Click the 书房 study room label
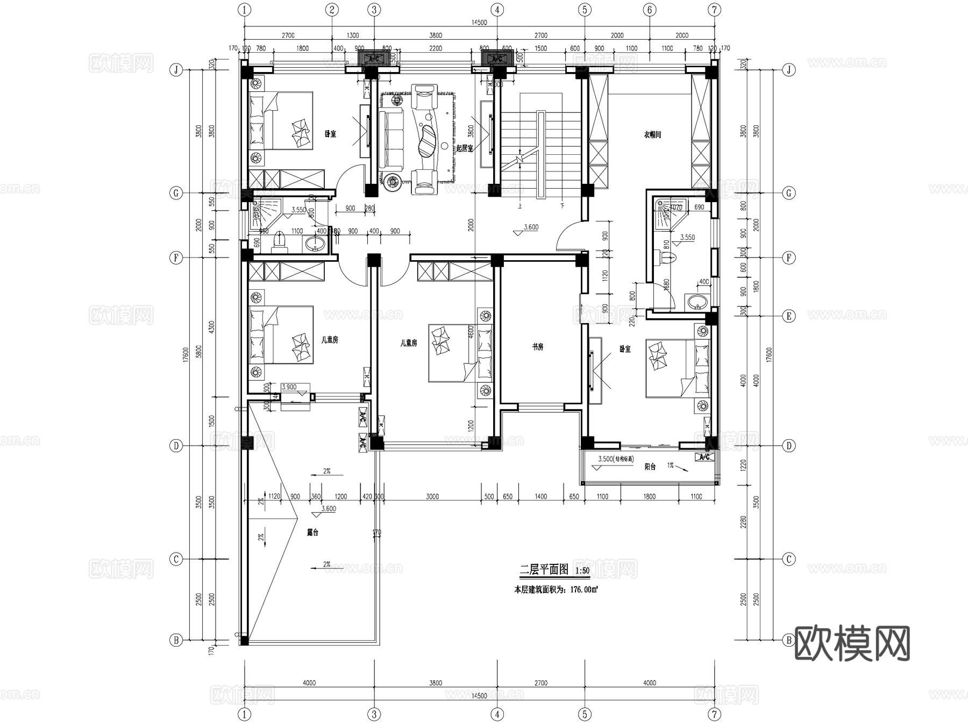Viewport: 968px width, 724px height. (x=537, y=347)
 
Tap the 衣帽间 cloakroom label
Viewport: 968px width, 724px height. (x=652, y=135)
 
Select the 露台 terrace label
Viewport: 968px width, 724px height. (x=312, y=533)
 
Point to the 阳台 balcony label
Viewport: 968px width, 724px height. (x=650, y=467)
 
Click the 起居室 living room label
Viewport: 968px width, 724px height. (x=465, y=148)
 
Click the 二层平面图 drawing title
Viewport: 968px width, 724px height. (x=544, y=569)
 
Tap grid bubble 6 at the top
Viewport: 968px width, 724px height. (x=650, y=10)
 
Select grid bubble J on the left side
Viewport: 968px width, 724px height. (x=176, y=70)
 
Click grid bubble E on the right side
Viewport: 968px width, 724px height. (x=789, y=316)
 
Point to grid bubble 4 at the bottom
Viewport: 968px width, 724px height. (x=497, y=714)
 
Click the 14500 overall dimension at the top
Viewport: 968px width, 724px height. (x=479, y=23)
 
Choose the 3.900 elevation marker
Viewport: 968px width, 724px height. (x=289, y=387)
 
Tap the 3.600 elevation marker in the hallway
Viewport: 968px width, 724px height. (x=531, y=227)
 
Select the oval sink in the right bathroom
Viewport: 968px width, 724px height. (x=697, y=302)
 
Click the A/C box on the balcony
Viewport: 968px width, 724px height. (x=704, y=457)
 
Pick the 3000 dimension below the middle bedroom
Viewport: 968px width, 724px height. (x=432, y=497)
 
